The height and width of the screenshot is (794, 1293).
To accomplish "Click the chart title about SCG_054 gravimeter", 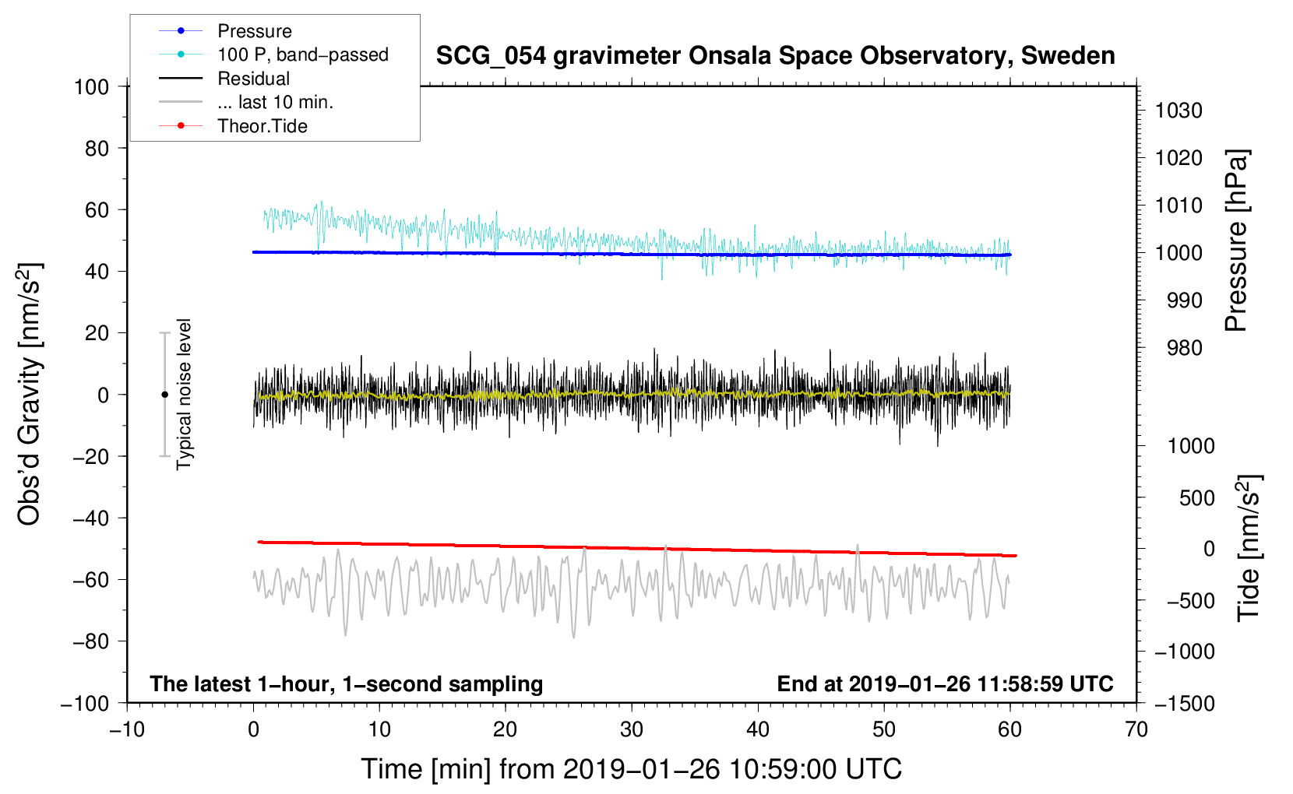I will click(x=775, y=56).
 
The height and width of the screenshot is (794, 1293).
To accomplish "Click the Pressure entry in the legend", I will click(x=254, y=31).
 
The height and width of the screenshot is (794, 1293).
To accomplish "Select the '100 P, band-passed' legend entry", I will click(x=302, y=54).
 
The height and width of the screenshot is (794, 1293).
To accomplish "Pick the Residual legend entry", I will click(x=253, y=79).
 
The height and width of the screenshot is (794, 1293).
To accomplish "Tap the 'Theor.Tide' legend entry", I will click(x=262, y=126).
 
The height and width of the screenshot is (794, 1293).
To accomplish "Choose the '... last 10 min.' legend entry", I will click(x=275, y=102).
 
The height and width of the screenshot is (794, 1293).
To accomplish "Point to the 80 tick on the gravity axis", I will click(x=97, y=148).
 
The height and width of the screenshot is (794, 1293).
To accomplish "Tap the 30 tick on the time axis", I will click(x=632, y=729).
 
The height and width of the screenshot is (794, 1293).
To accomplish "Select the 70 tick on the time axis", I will click(x=1136, y=729).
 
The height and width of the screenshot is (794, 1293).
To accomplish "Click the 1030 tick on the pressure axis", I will click(x=1178, y=111).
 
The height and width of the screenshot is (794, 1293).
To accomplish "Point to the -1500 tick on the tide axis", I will click(x=1185, y=703).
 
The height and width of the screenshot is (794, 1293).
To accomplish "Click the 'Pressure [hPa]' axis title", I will click(x=1236, y=241).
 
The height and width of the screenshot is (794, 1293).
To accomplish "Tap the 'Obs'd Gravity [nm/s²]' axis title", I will click(x=30, y=394).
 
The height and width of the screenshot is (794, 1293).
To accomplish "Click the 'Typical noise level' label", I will click(x=184, y=394).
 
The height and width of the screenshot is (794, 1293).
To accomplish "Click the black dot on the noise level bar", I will click(x=164, y=395).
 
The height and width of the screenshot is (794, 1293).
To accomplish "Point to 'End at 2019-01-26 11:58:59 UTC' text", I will click(x=945, y=683).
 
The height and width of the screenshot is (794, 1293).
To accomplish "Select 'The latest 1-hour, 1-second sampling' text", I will click(x=347, y=683).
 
